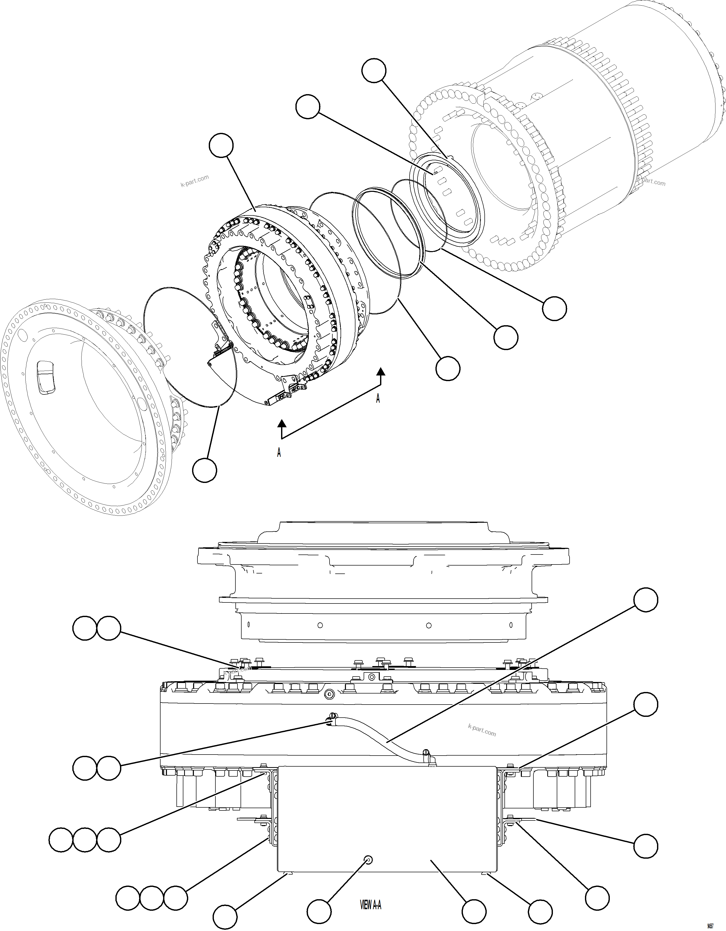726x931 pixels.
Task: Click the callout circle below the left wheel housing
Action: coord(204,470)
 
